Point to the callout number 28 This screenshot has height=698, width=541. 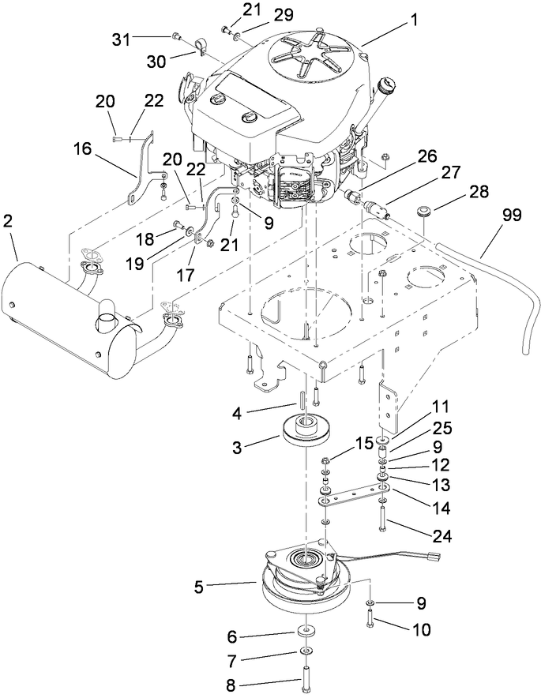coord(458,193)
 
